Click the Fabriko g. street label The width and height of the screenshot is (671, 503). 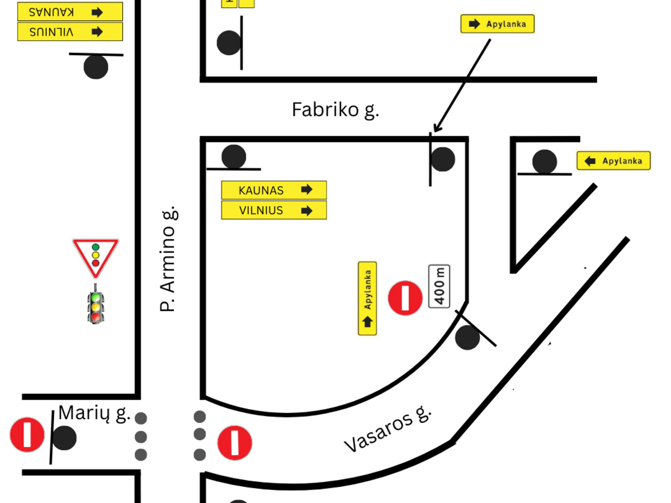(x=335, y=110)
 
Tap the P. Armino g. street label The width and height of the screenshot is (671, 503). (x=168, y=259)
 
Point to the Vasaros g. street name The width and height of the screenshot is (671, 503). (x=388, y=430)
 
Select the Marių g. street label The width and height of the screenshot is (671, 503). (x=94, y=414)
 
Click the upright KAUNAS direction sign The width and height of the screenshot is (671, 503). (x=274, y=190)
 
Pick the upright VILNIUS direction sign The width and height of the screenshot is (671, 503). (x=274, y=210)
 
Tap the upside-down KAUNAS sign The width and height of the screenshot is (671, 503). (x=70, y=12)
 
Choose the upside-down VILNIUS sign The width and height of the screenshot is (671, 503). (x=70, y=31)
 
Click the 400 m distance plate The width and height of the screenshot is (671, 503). (x=440, y=286)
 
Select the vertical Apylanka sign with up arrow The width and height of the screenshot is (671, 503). (x=367, y=298)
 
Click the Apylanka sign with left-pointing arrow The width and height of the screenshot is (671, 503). (x=613, y=160)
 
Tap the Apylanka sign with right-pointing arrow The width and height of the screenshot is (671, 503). (x=497, y=23)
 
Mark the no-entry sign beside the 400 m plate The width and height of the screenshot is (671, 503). (x=405, y=298)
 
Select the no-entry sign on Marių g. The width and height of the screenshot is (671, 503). (x=27, y=435)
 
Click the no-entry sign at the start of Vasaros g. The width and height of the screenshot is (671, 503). (x=235, y=443)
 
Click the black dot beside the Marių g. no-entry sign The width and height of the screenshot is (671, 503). (x=64, y=438)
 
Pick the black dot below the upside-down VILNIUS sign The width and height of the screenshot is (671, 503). (x=96, y=67)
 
